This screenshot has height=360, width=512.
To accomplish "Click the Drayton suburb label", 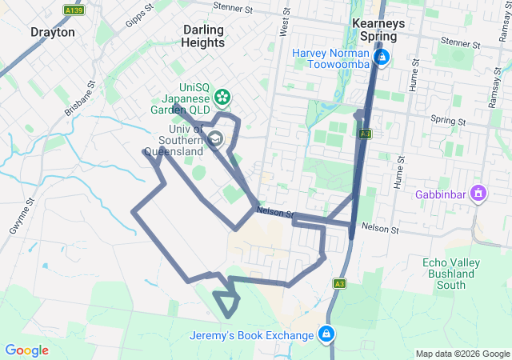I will pos(53,33).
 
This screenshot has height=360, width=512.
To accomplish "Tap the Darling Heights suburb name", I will pos(203,36).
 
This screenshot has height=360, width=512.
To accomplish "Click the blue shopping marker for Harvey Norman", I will pos(383,58).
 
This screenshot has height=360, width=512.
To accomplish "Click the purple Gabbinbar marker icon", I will pos(478,193).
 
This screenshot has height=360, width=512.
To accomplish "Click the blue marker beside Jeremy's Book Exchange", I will pos(326,334).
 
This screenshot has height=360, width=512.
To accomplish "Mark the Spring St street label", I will pos(447,119).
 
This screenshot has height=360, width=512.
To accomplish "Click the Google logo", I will pos(26,350).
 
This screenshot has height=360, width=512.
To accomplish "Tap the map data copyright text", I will pos(462,354).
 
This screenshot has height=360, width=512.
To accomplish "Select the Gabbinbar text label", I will pos(442,194).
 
